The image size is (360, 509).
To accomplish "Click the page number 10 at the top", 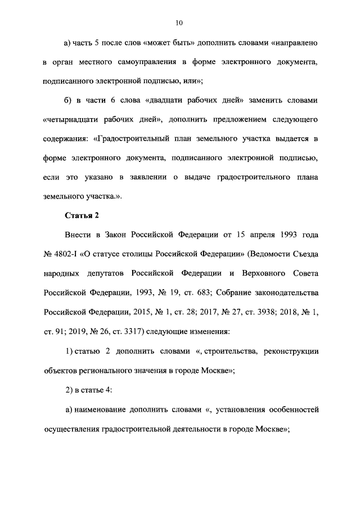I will click(179, 23).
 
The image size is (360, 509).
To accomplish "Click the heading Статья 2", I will click(83, 215).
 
